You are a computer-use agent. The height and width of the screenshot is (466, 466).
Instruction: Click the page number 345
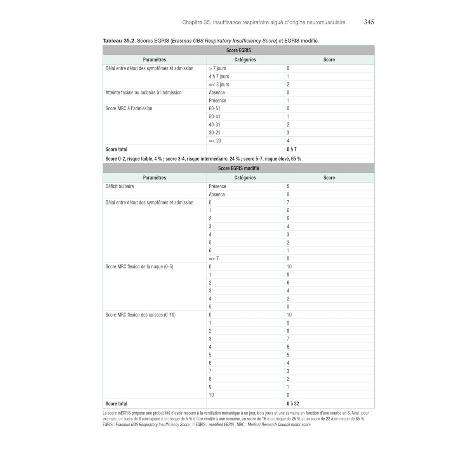pos(369,22)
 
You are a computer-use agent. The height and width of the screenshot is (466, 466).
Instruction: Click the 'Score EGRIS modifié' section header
pos(238,168)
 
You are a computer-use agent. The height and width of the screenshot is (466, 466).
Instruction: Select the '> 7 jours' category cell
pos(217,68)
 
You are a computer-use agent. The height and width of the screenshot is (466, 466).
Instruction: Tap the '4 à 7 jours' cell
pos(219,77)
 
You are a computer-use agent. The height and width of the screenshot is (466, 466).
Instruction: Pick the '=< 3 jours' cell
pos(219,85)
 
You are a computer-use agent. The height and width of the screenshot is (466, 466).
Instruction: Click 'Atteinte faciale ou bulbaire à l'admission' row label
pos(143,92)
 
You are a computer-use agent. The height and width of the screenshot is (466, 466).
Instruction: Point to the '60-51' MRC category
pos(214,109)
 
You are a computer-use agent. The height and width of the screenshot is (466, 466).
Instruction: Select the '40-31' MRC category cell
pos(214,125)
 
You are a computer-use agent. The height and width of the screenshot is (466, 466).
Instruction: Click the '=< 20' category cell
pos(215,141)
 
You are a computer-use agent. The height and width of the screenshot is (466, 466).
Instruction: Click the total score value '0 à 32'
pos(293,403)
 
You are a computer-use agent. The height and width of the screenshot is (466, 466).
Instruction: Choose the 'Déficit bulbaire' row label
pos(120,186)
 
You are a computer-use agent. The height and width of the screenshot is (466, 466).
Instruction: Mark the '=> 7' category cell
pos(214,259)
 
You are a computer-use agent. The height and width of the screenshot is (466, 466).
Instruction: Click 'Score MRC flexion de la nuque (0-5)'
pos(139,267)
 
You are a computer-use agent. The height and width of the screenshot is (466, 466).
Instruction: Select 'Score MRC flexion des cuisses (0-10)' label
pos(140,315)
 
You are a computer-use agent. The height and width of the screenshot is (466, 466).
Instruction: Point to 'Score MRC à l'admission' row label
pos(129,109)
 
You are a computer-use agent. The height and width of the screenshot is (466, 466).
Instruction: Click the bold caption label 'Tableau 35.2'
pos(118,41)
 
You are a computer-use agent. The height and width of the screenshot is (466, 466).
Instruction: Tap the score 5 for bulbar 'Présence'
pos(288,186)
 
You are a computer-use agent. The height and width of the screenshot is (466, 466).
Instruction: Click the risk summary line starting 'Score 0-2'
pos(203,159)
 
